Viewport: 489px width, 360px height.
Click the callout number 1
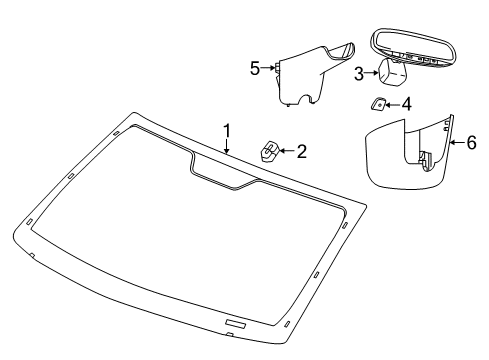click(x=227, y=130)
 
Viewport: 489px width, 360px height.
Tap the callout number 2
click(x=301, y=152)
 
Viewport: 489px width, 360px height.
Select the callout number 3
click(x=358, y=72)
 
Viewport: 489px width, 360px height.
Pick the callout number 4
click(x=407, y=103)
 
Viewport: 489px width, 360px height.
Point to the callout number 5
click(x=255, y=68)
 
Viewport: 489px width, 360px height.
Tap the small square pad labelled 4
click(x=381, y=103)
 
